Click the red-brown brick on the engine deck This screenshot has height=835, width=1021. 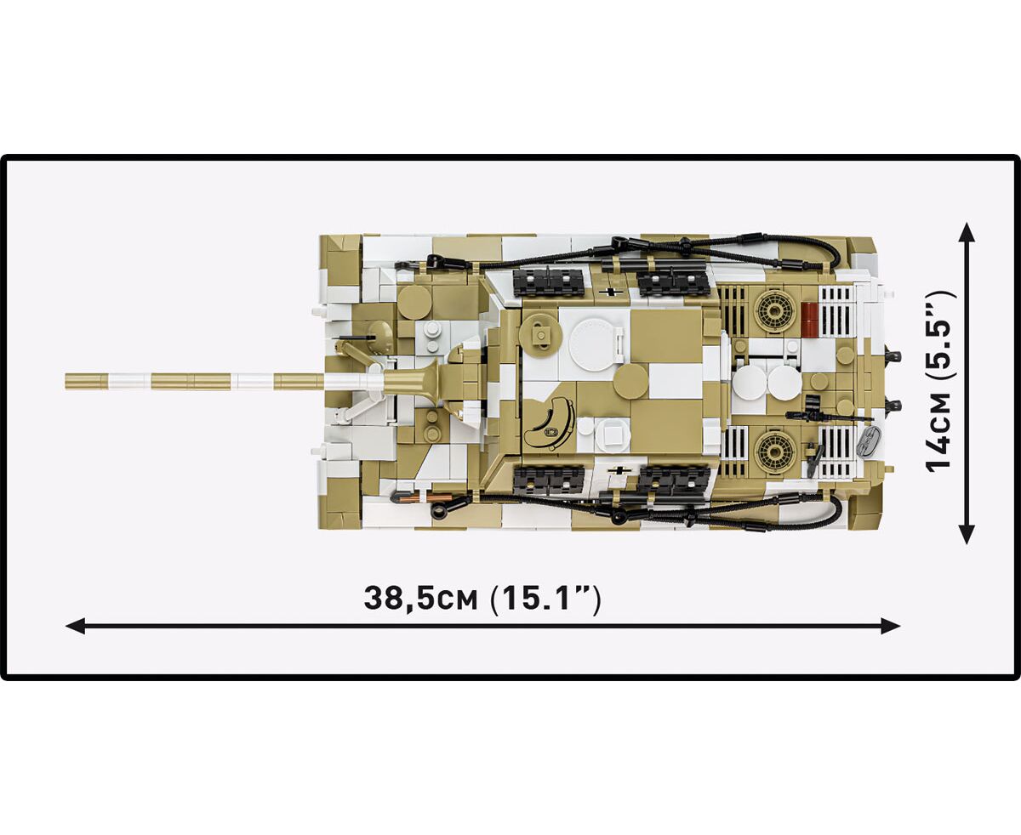tap(811, 320)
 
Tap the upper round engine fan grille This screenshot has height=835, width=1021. tap(776, 313)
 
